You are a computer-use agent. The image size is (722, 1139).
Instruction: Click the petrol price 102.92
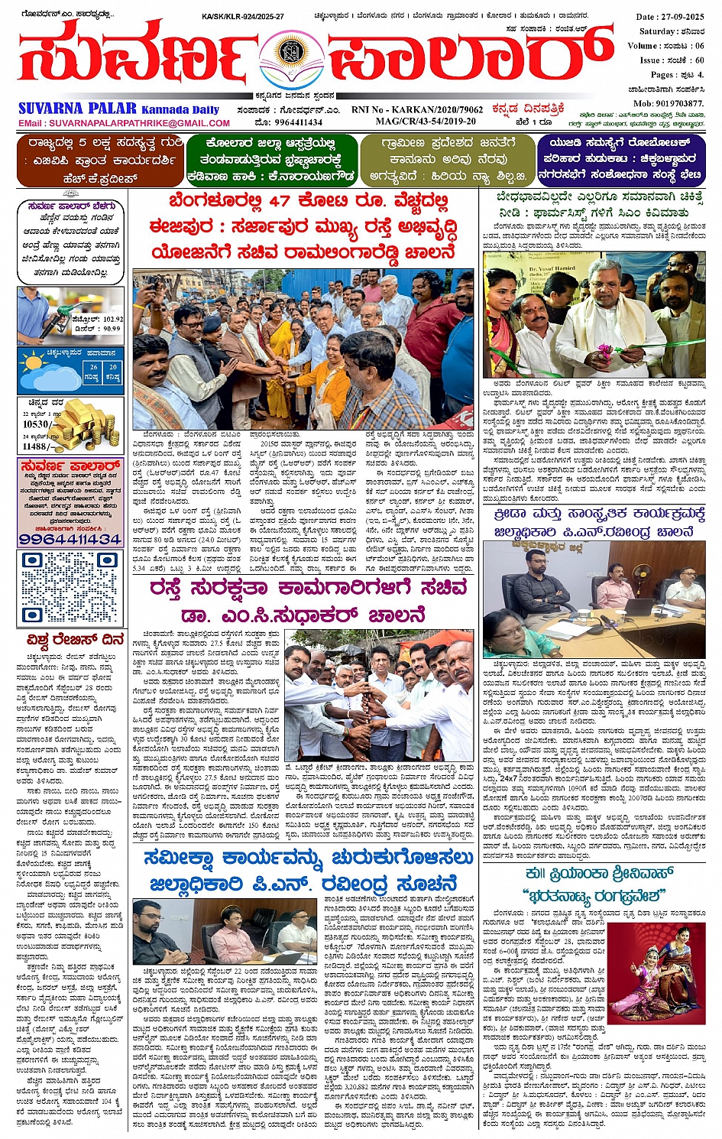(x=108, y=319)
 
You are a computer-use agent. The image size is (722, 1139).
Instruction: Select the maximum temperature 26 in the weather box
(x=93, y=368)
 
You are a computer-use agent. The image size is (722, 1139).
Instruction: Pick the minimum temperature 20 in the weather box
(x=112, y=368)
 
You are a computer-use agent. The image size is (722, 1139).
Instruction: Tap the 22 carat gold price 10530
(x=36, y=423)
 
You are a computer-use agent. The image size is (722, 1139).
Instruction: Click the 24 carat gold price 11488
(x=36, y=446)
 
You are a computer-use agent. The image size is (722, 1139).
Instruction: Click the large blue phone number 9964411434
(x=70, y=539)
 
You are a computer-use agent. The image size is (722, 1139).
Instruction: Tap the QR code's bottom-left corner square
(x=31, y=614)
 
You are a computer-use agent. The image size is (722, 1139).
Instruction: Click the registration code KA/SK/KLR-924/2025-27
(x=243, y=17)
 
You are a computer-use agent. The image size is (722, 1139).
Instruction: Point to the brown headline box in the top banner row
(x=100, y=160)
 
